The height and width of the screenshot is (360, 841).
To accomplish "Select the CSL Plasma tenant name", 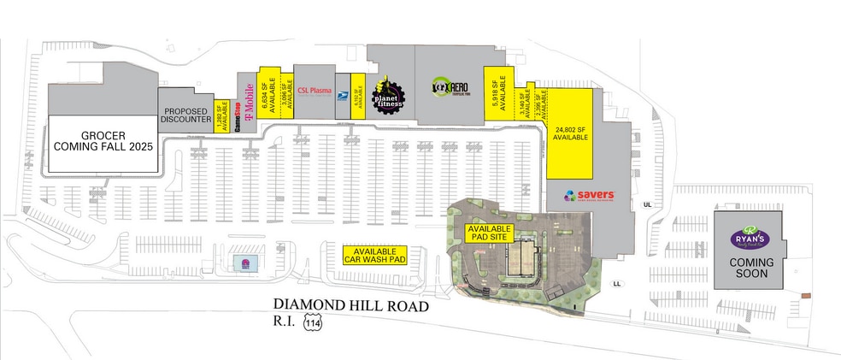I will point(315,91).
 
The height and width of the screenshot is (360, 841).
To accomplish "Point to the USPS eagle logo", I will point(342,99).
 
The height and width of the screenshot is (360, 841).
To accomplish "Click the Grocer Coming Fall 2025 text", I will point(104,141).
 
